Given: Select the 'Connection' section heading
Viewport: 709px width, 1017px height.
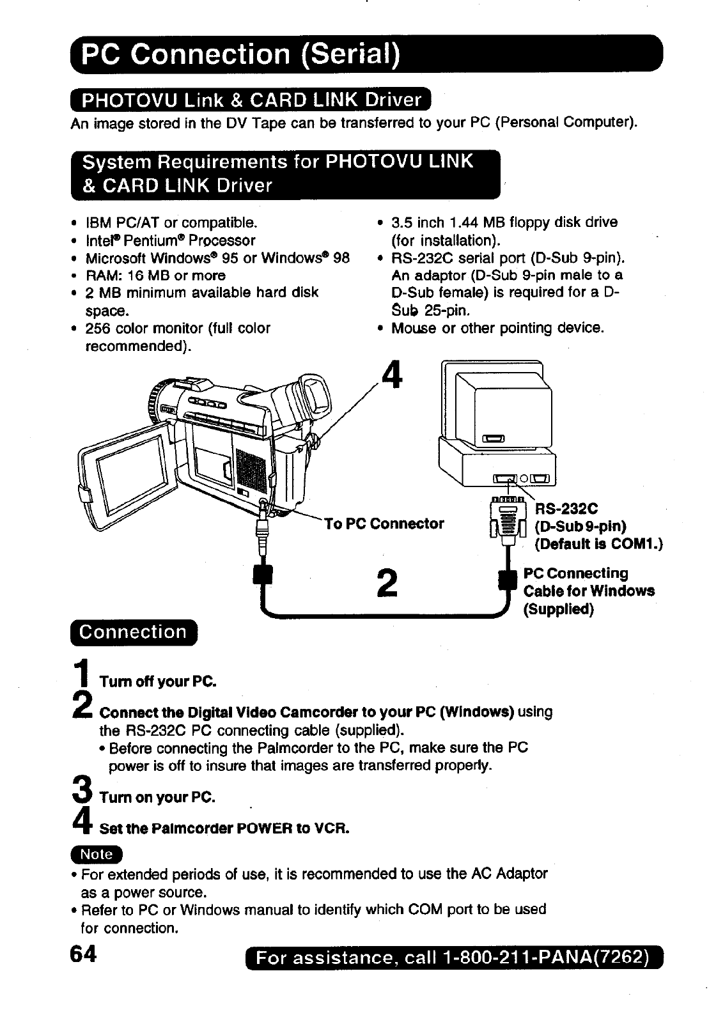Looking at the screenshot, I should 133,632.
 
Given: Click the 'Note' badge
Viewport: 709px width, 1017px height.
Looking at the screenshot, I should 101,855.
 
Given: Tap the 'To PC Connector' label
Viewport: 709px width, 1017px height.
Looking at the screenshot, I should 384,524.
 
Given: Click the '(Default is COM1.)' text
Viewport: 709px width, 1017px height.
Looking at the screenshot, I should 598,544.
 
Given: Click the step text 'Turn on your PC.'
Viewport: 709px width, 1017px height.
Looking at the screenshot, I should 157,798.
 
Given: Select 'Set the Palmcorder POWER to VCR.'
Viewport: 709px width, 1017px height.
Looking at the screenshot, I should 224,829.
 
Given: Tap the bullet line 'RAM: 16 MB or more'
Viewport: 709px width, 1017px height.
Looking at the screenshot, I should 156,276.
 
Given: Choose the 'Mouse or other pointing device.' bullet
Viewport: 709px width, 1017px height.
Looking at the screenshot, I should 497,329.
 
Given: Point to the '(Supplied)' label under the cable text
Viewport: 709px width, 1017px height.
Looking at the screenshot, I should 559,609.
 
